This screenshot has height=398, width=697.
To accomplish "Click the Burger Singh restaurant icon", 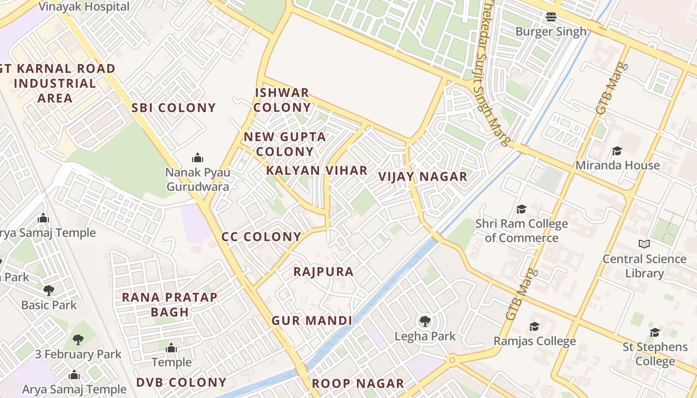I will pos(551,17).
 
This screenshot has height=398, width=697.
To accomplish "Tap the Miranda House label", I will pos(617,165).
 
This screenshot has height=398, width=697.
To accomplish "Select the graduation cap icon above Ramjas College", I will pos(534,326).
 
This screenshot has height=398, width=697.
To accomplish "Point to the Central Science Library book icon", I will pos(644,244).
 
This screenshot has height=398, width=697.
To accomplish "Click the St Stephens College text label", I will pos(655,354).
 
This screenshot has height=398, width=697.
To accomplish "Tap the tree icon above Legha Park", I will pos(425,321).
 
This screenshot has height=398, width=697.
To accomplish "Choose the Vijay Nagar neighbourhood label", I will pos(423,177).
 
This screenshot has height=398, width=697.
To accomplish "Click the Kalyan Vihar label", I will pos(317,170).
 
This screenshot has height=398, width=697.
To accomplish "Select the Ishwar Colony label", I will pos(282,100).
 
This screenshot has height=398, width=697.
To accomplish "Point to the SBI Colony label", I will pos(174,107).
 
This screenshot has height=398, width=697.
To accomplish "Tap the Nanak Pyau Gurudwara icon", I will pos(198,158).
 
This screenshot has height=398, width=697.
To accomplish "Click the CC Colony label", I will pos(261,237).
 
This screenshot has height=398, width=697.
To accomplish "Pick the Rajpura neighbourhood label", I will pos(324,272).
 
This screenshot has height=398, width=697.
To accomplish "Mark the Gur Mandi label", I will pos(312,320).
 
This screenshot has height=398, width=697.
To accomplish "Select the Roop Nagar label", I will pos(358,384).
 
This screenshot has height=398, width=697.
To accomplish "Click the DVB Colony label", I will pos(181,383).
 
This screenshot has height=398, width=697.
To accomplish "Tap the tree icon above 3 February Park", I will pos(78,340).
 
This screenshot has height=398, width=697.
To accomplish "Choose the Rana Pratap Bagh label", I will pos(170,304).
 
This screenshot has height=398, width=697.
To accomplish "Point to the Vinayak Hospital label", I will pos(84,7).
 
